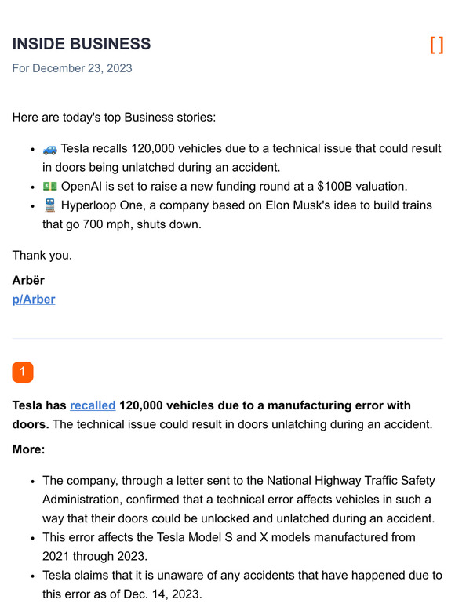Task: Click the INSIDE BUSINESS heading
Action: pos(82,44)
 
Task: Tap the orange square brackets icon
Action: pos(436,45)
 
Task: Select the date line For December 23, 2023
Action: pos(72,68)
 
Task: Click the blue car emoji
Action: pos(49,148)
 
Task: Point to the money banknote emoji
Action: pos(49,186)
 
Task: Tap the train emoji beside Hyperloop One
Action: pos(49,205)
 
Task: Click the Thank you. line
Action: pos(42,255)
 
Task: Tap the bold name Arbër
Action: pos(29,280)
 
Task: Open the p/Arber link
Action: pos(34,299)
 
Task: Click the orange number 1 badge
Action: pos(23,372)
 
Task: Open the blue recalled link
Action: pos(93,405)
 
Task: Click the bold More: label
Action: pos(29,449)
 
